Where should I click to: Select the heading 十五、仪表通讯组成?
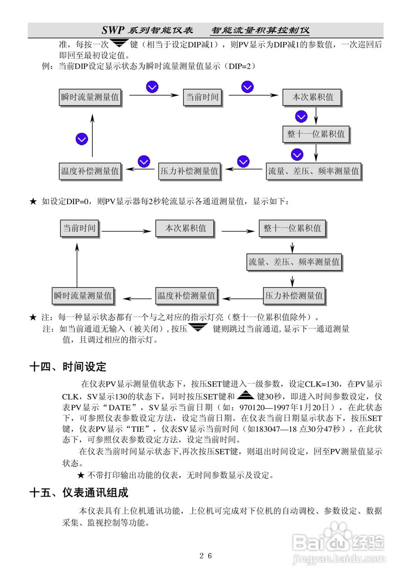[78, 492]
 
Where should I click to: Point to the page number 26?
[205, 556]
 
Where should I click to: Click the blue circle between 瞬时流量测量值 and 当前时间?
[152, 87]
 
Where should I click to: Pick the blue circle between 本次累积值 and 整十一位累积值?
[301, 117]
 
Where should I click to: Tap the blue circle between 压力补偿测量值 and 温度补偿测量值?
[144, 161]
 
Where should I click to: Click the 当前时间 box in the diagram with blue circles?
[201, 97]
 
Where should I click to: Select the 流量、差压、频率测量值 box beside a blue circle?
[313, 171]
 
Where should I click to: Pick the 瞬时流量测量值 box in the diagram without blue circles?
[83, 296]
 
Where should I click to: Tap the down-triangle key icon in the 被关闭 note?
[198, 328]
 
